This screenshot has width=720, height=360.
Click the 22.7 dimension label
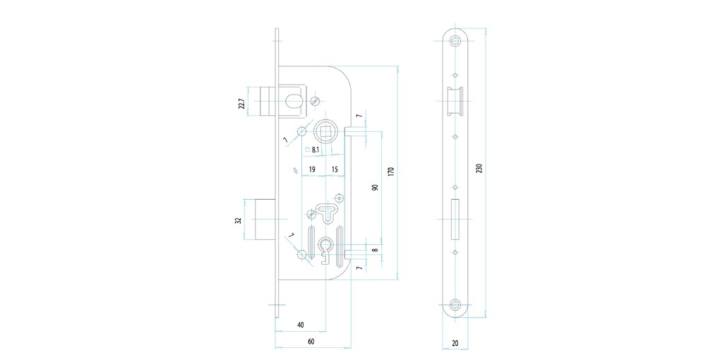pos(240,103)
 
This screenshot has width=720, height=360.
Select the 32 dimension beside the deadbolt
pos(239,220)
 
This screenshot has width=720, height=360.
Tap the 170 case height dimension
pos(391,172)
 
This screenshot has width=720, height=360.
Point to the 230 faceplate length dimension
pos(479,168)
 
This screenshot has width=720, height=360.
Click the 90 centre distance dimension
pos(375,187)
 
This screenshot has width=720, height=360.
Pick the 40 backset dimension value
pos(300,325)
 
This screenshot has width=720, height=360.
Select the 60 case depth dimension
pos(311,341)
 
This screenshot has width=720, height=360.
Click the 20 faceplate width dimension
pos(455,342)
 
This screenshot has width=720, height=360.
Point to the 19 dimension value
pos(312,169)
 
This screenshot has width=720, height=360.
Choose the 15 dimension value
pos(335,169)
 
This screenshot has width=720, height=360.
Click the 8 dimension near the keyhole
pos(375,250)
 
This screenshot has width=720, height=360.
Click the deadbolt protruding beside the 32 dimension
pos(265,220)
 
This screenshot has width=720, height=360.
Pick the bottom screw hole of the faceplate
pos(455,304)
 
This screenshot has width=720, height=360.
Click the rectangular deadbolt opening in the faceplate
pos(455,220)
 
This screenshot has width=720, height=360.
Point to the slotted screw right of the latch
pos(315,100)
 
